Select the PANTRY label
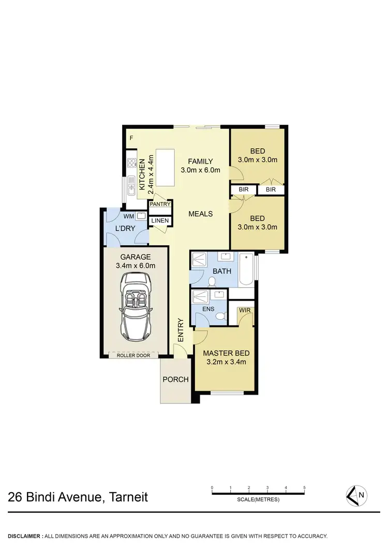(x=160, y=205)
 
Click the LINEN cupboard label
(x=160, y=221)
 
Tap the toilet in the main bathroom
(x=212, y=281)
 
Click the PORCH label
(x=175, y=380)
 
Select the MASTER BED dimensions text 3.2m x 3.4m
(x=226, y=362)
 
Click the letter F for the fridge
(x=131, y=138)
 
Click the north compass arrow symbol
(x=355, y=495)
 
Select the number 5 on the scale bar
(x=305, y=488)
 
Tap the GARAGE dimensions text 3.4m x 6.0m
(x=136, y=265)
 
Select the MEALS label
(x=200, y=214)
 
